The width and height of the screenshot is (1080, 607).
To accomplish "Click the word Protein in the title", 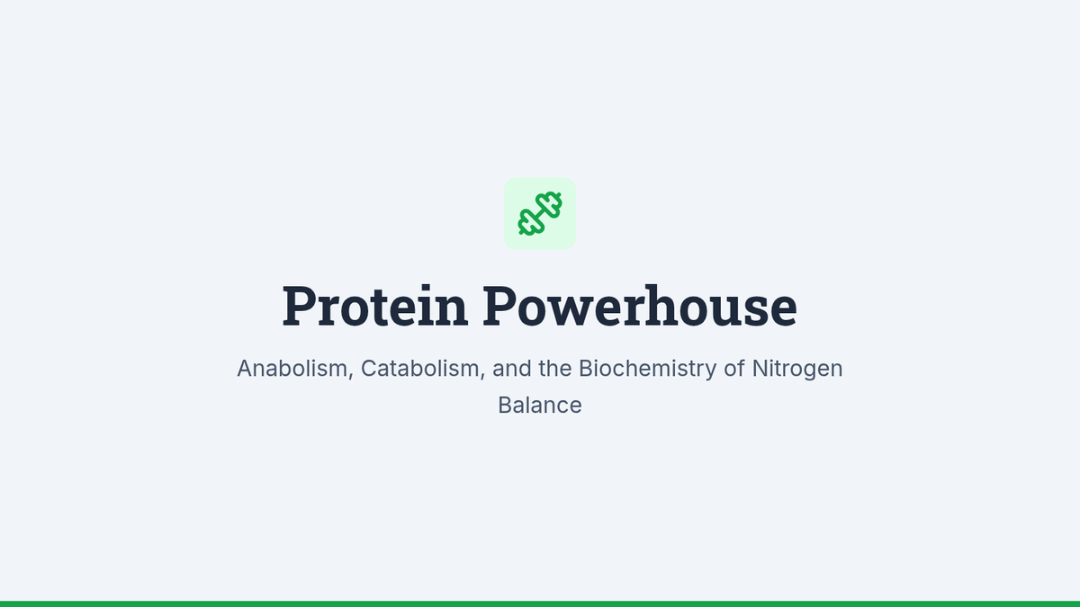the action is click(374, 306).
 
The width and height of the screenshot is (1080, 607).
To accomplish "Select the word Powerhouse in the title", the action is click(640, 306).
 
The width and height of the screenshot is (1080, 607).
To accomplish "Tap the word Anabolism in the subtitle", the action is click(292, 369).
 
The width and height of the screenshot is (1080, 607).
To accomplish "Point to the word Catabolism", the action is click(419, 369).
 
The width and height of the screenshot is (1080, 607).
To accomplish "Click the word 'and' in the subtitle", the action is click(511, 369).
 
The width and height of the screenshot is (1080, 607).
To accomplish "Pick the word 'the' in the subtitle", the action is click(555, 369).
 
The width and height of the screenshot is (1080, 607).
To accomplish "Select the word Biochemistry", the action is click(647, 370).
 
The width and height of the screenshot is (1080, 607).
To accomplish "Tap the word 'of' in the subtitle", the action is click(734, 369).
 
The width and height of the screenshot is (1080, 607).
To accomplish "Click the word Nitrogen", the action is click(797, 370).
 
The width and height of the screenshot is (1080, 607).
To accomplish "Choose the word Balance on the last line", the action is click(540, 406).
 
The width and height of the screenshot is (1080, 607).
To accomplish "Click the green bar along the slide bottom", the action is click(540, 604).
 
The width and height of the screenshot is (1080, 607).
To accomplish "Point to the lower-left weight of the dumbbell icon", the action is click(530, 223).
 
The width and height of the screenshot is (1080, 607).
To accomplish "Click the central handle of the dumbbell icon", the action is click(540, 214).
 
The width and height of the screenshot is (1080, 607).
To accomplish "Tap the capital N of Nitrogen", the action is click(760, 369).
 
